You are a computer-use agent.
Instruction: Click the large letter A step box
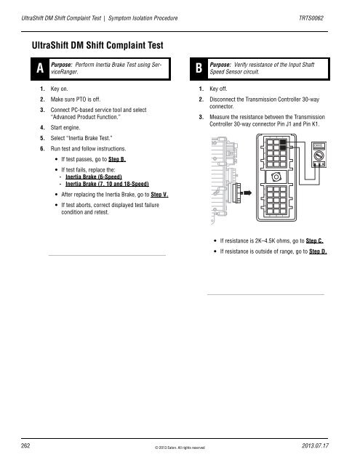pyautogui.click(x=34, y=69)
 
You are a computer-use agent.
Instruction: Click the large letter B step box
pyautogui.click(x=193, y=69)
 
